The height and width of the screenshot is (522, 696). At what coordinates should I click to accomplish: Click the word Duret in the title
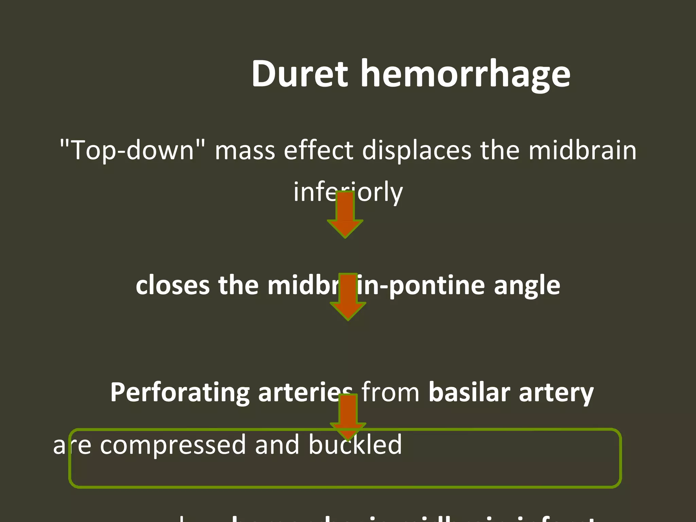(x=300, y=74)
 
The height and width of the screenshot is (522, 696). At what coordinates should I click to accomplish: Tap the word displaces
(x=417, y=150)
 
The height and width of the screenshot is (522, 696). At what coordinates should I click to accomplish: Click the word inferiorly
(x=348, y=192)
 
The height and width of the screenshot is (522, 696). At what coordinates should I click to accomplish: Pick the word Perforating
(x=180, y=393)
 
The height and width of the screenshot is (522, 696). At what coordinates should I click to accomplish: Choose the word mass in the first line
(x=245, y=151)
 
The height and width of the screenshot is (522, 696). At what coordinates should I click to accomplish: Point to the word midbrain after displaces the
(x=582, y=150)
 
